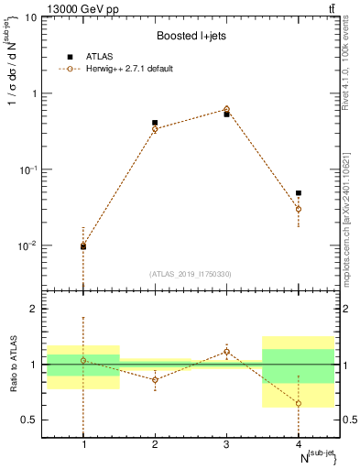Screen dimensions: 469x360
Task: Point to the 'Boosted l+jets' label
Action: [x=190, y=37]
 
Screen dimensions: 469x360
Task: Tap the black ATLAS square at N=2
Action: [x=155, y=123]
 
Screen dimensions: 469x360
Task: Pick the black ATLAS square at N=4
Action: [x=299, y=193]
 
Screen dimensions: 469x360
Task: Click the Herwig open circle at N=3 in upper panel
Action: [x=226, y=109]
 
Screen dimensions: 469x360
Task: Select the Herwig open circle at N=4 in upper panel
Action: [x=299, y=209]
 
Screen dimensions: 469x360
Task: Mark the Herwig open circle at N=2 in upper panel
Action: [x=155, y=129]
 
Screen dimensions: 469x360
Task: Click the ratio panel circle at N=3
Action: [x=226, y=352]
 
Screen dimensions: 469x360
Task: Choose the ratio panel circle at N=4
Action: [x=299, y=403]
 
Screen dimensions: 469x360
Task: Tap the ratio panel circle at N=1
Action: [x=83, y=360]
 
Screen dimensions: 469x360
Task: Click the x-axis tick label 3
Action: [x=226, y=444]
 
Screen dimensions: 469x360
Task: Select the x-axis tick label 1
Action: [x=83, y=444]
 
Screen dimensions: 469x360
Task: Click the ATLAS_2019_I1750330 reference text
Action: [x=190, y=273]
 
